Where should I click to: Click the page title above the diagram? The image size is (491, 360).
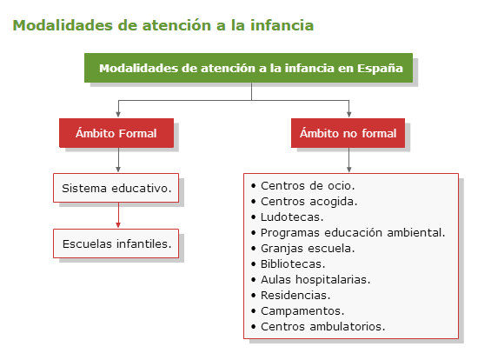coord(163,25)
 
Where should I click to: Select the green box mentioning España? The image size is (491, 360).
coord(249,68)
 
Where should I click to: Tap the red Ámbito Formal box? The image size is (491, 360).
coord(116,133)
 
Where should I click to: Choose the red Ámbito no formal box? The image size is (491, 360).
coord(348,133)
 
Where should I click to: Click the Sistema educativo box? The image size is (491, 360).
coord(116,188)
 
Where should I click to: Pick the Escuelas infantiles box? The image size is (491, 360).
coord(116,243)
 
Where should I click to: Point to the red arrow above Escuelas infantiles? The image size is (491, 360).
coord(118,216)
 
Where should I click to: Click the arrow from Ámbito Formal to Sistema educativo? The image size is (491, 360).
coord(118,160)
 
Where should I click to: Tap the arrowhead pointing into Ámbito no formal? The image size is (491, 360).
coord(348,115)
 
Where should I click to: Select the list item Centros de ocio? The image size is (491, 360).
coord(308,186)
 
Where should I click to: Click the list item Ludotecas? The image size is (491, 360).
coord(292,217)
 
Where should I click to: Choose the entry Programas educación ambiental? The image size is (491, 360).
coord(353,233)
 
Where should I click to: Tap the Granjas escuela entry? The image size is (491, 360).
coord(308,249)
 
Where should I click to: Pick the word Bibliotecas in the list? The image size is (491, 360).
coord(293,264)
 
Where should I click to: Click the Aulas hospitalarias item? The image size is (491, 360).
coord(315,279)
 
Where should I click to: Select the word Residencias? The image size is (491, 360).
coord(295,295)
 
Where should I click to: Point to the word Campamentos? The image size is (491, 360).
coord(302,311)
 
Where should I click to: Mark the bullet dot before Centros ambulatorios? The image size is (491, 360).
coord(254,327)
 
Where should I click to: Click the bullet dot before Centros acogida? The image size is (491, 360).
coord(254,202)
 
